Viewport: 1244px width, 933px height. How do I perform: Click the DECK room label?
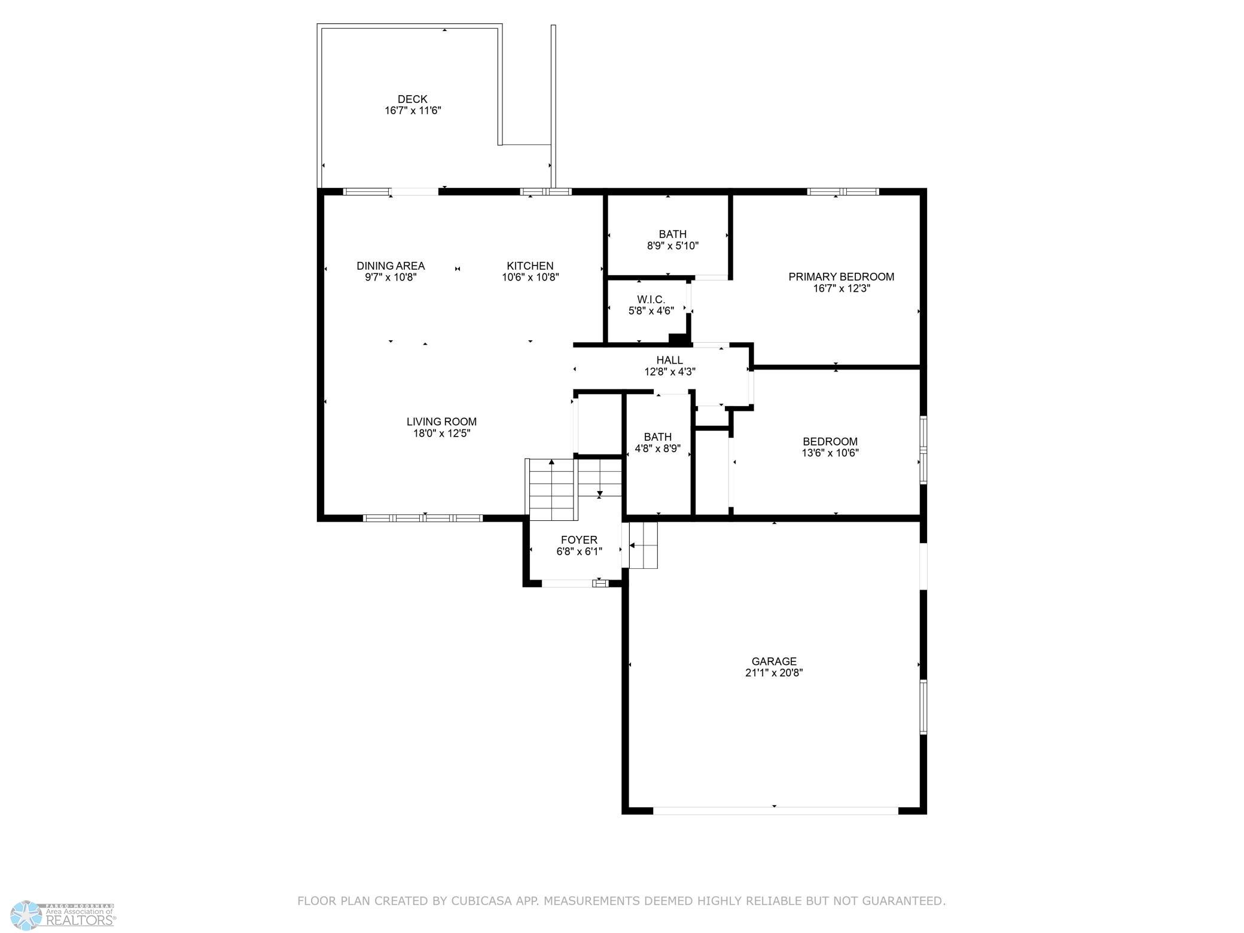point(413,99)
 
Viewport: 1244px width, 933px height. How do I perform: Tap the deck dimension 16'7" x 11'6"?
point(413,111)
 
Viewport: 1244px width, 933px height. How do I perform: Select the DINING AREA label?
point(391,266)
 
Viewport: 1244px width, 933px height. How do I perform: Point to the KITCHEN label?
point(530,266)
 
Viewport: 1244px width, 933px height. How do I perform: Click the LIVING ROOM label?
point(441,422)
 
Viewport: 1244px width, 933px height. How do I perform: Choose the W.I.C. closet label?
point(651,300)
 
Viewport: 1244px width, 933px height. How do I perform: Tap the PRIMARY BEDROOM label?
point(841,277)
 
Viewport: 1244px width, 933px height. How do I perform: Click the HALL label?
point(669,360)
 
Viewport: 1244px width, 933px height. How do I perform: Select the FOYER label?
point(579,540)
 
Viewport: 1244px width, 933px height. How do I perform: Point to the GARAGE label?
point(774,661)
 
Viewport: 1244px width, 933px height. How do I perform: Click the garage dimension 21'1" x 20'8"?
point(774,673)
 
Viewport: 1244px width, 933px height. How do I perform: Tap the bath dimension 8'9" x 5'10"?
point(673,246)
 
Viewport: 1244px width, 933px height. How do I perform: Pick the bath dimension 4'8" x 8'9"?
point(657,449)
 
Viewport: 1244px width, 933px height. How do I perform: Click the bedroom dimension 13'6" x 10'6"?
point(830,453)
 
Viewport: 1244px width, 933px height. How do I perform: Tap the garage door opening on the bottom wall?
point(776,811)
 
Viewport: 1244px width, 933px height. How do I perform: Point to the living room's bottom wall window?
point(423,519)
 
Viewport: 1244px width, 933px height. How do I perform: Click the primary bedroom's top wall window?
point(843,192)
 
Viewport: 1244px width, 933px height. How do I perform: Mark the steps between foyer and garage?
point(643,545)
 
